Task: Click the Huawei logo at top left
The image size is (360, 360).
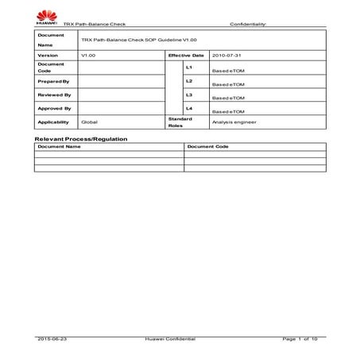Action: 47,18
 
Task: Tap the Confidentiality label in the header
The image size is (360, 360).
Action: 250,24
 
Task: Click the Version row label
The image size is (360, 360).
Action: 48,56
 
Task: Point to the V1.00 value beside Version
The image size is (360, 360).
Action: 89,56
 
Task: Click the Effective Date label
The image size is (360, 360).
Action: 186,56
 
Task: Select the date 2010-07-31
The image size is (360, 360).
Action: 226,56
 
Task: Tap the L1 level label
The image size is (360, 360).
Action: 188,67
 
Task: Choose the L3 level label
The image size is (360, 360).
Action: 188,95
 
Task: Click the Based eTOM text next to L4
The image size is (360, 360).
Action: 228,112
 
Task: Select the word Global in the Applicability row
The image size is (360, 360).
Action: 90,122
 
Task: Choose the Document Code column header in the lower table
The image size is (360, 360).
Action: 208,147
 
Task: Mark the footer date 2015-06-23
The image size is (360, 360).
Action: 52,339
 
